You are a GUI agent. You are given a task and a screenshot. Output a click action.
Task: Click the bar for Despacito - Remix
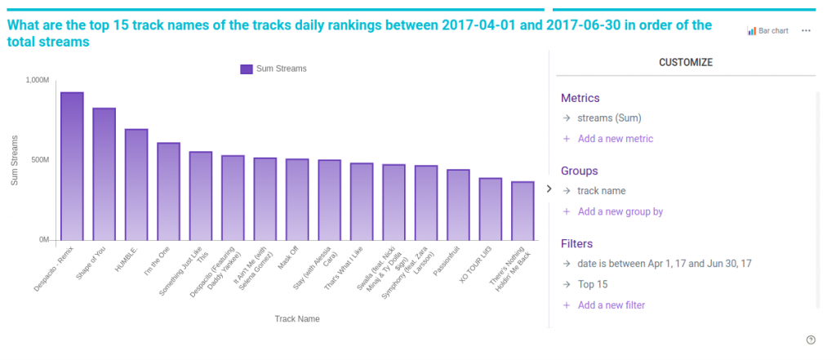(72, 167)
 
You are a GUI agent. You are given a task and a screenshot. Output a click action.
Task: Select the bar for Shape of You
(104, 175)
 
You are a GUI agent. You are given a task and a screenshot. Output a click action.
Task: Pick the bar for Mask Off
(297, 200)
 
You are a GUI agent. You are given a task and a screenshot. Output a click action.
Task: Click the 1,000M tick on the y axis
(38, 80)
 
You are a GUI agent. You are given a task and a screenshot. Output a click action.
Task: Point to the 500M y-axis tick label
(40, 160)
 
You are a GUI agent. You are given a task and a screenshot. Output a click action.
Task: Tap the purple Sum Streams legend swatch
(247, 69)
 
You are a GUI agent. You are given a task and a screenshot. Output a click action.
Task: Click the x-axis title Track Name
(297, 318)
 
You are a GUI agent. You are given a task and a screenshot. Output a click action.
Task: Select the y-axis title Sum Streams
(15, 160)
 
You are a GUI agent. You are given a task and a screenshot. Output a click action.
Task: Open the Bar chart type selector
(767, 31)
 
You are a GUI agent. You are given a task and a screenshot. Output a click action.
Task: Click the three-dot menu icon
(806, 31)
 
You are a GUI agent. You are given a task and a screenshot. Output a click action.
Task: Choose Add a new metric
(615, 139)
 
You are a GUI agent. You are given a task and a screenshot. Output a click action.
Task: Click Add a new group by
(620, 211)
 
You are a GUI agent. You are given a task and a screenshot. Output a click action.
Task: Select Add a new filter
(611, 305)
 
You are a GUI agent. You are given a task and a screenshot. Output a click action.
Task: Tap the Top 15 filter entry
(592, 285)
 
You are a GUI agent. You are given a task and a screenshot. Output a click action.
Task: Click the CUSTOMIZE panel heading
(685, 62)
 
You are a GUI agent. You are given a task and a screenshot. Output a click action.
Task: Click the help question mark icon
(811, 340)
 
